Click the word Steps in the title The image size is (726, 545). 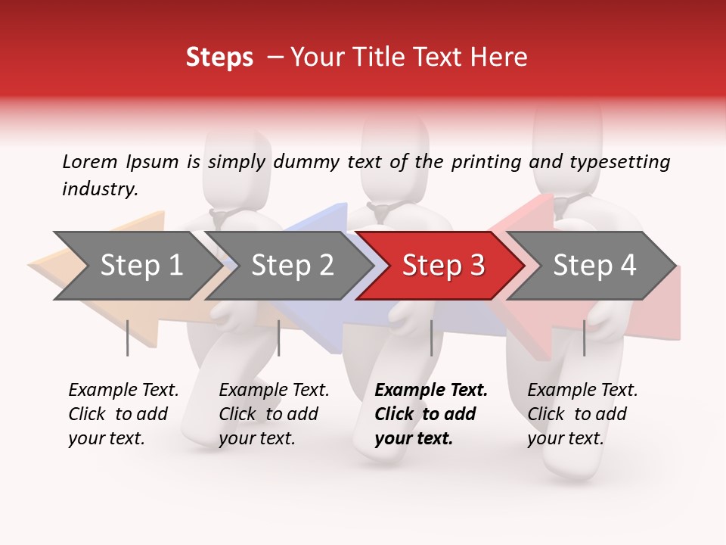pyautogui.click(x=219, y=58)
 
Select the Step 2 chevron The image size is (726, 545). pyautogui.click(x=292, y=265)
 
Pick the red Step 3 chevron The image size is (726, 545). pyautogui.click(x=443, y=265)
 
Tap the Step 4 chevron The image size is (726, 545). pyautogui.click(x=594, y=265)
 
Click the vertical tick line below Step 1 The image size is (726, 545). pyautogui.click(x=128, y=338)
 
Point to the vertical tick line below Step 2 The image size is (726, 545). pyautogui.click(x=279, y=338)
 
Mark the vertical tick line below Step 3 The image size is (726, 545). pyautogui.click(x=431, y=338)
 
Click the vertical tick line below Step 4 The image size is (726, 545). pyautogui.click(x=584, y=338)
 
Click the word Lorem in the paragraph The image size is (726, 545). pyautogui.click(x=89, y=161)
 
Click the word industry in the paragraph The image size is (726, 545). pyautogui.click(x=98, y=188)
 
